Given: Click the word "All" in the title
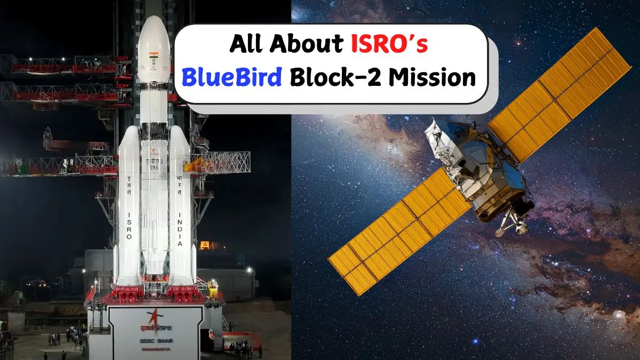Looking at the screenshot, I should pyautogui.click(x=247, y=45).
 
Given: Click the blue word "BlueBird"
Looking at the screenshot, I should pyautogui.click(x=231, y=78).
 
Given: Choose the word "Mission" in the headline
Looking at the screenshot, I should pyautogui.click(x=431, y=78).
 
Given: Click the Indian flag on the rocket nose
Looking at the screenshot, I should pyautogui.click(x=154, y=56).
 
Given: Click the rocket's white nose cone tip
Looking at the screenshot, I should pyautogui.click(x=153, y=20).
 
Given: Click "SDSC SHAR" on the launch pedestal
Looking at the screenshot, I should pyautogui.click(x=155, y=341).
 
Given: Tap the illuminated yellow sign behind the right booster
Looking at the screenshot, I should pyautogui.click(x=205, y=245).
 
